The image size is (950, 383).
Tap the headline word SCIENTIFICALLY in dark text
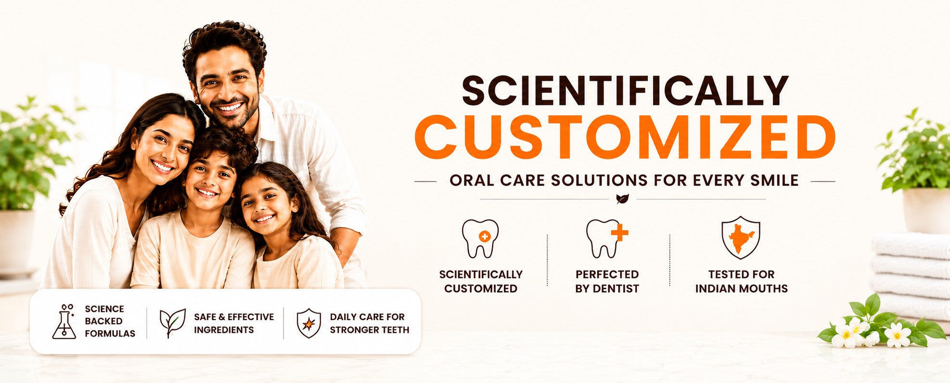tap(625, 90)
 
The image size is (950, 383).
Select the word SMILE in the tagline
tap(774, 181)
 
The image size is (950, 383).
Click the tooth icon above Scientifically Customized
tap(480, 238)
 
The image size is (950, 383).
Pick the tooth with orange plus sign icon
tap(606, 238)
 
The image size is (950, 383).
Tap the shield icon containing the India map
tap(741, 237)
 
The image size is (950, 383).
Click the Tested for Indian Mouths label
tap(741, 281)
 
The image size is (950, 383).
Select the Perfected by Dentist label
tap(607, 281)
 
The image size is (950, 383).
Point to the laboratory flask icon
tap(64, 321)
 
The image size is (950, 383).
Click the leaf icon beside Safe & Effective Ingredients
tap(172, 322)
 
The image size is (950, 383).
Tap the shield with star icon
tap(308, 323)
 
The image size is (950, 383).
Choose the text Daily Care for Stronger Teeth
tap(369, 323)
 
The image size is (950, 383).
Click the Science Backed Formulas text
tap(110, 321)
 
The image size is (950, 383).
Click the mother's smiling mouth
tap(162, 167)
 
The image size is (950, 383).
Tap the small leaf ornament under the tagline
tap(622, 198)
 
